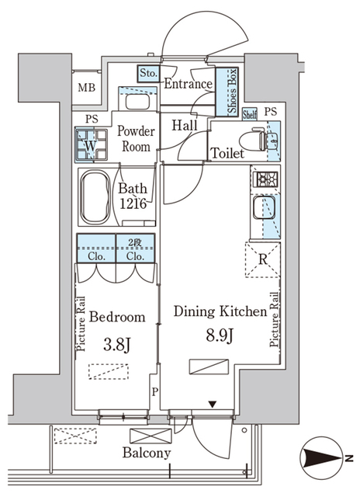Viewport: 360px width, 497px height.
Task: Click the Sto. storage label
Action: tap(149, 74)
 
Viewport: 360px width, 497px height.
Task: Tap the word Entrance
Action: tap(189, 84)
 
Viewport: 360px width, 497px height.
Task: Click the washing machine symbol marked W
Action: tap(91, 144)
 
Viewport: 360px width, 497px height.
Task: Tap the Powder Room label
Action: tap(137, 138)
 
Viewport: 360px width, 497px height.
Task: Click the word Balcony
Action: tap(147, 453)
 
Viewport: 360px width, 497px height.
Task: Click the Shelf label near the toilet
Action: tap(249, 113)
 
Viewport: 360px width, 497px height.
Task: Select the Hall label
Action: tap(184, 125)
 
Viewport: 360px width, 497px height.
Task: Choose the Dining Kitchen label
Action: tap(220, 311)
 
